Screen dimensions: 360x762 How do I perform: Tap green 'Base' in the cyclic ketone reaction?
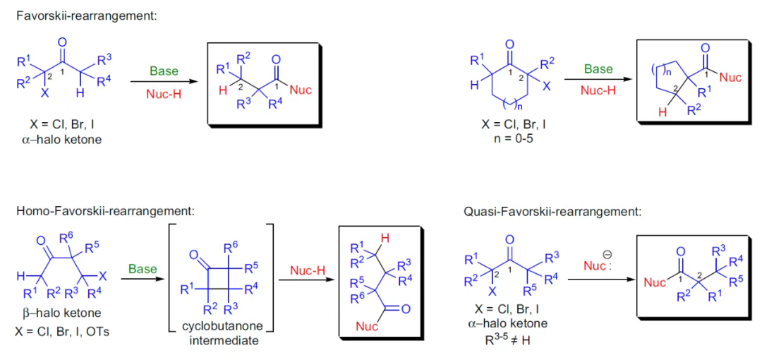598,70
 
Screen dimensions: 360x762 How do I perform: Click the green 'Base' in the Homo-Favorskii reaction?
143,269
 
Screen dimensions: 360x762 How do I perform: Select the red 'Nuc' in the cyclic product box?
730,77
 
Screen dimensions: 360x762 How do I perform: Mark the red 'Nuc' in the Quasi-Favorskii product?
654,282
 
